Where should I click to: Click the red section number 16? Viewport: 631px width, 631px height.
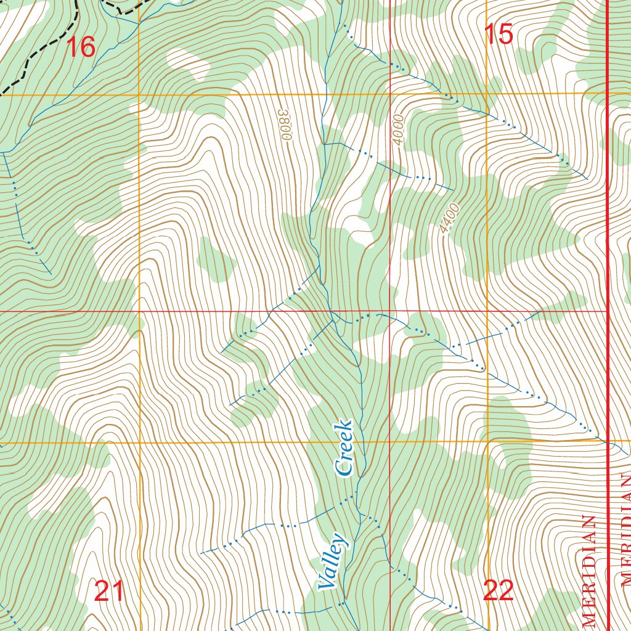(80, 47)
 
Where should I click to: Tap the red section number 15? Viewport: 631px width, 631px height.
(499, 35)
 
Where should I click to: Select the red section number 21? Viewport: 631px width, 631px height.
(110, 592)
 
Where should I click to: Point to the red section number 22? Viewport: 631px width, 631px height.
(499, 592)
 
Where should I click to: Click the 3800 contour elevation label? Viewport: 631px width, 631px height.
(284, 126)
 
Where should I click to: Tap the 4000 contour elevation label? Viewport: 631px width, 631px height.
(399, 130)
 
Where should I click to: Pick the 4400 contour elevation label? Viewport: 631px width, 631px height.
(450, 218)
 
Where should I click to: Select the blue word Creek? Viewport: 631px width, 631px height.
(344, 449)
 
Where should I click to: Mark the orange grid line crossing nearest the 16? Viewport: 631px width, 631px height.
(139, 95)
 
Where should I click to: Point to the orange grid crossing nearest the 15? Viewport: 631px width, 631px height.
(487, 94)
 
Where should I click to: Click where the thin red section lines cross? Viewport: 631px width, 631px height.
(391, 311)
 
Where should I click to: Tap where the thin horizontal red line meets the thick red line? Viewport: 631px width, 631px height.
(608, 311)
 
